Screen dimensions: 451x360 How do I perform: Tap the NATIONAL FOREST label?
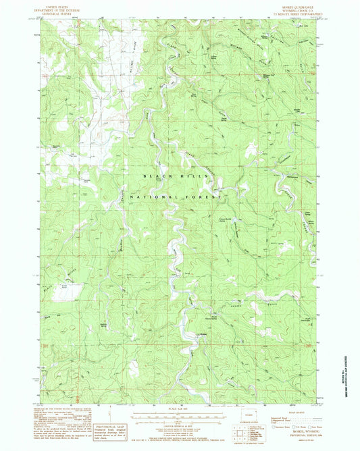[x=182, y=196]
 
